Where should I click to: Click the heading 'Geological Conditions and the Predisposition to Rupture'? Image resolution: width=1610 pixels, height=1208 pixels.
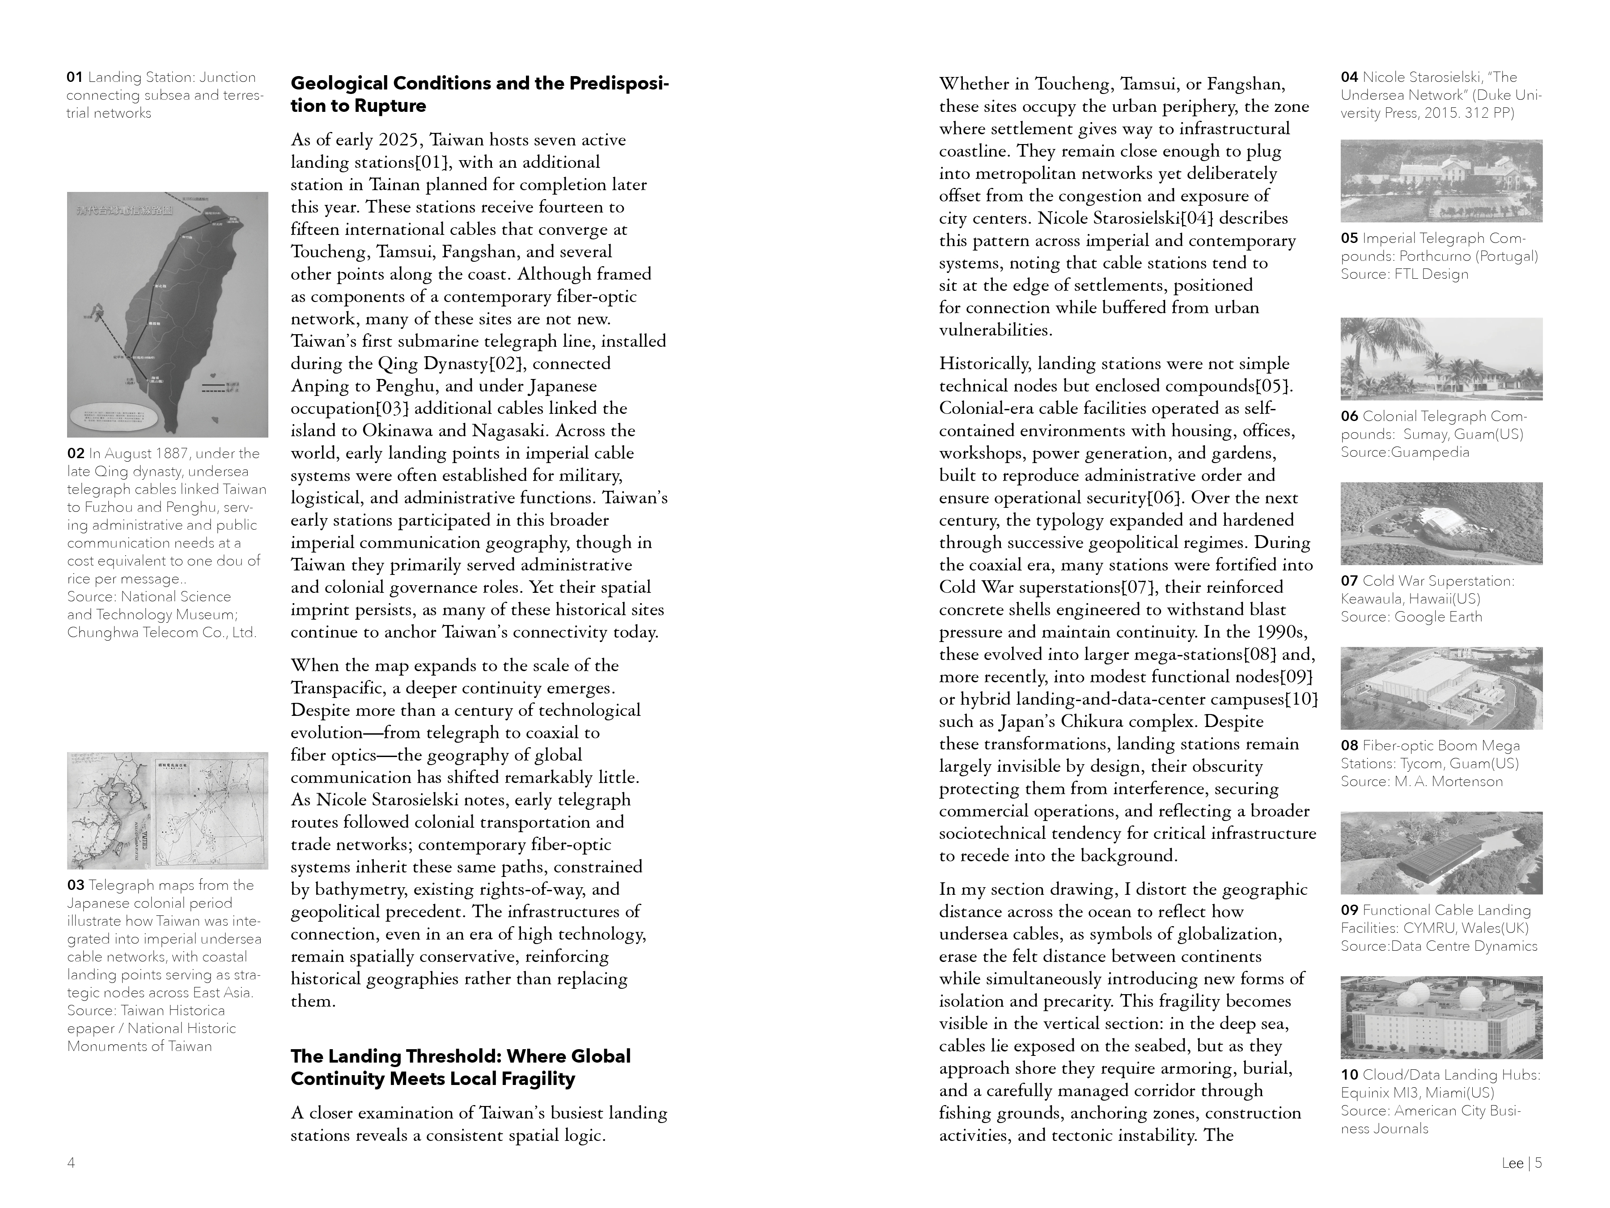pyautogui.click(x=480, y=95)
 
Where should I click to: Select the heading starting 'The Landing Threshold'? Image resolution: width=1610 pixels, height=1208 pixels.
pyautogui.click(x=461, y=1068)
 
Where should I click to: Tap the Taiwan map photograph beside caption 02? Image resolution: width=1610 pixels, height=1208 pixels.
pyautogui.click(x=167, y=315)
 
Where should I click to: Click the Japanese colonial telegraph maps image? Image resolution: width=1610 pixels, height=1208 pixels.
pyautogui.click(x=167, y=810)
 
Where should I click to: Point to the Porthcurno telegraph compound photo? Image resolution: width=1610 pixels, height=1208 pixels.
pyautogui.click(x=1441, y=181)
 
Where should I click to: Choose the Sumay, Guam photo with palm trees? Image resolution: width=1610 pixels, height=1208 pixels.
pyautogui.click(x=1441, y=359)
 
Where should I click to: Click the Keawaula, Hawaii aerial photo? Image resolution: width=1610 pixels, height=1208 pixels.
pyautogui.click(x=1441, y=523)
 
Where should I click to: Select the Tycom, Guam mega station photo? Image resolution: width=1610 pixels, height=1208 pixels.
pyautogui.click(x=1441, y=688)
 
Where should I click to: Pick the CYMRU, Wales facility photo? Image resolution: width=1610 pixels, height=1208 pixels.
pyautogui.click(x=1441, y=853)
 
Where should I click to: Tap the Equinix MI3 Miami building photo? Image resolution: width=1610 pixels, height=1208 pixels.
pyautogui.click(x=1441, y=1017)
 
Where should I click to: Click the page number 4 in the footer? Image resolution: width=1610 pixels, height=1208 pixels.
pyautogui.click(x=71, y=1163)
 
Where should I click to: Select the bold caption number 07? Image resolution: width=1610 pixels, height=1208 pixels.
pyautogui.click(x=1349, y=581)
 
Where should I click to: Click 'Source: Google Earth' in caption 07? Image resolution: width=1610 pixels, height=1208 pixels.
pyautogui.click(x=1411, y=617)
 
